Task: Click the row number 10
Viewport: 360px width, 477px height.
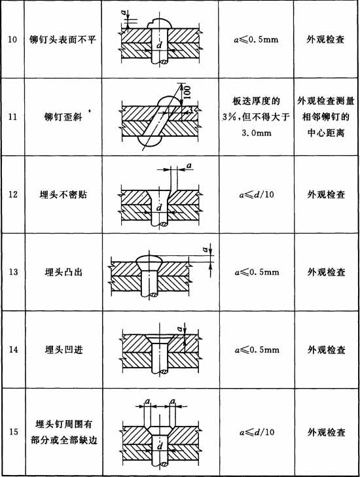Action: point(12,39)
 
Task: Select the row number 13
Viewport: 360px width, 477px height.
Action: point(13,272)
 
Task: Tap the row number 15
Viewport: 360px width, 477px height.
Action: point(13,432)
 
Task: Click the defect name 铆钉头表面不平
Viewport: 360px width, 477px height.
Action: point(63,39)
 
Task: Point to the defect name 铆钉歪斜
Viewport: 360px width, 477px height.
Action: point(63,117)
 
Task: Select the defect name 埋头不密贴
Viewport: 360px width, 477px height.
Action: point(63,194)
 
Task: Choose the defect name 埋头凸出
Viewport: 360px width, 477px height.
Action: point(63,272)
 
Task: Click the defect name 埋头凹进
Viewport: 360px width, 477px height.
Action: point(63,349)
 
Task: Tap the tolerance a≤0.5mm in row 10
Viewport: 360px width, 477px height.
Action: point(256,39)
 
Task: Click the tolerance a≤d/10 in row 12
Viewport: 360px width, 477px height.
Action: point(257,194)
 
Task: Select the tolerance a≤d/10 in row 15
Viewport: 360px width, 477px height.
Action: point(257,432)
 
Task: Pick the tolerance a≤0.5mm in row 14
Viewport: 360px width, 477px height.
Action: point(257,349)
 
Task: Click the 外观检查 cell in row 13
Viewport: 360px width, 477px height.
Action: point(326,272)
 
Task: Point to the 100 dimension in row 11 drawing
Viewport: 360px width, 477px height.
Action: point(187,92)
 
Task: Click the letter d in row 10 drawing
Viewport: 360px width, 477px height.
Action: point(159,45)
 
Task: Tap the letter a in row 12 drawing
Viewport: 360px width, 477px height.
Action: point(189,166)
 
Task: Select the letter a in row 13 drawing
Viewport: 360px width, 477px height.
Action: point(206,250)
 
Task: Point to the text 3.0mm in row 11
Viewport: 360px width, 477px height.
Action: point(257,133)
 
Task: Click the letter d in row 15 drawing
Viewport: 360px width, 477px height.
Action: point(160,446)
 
